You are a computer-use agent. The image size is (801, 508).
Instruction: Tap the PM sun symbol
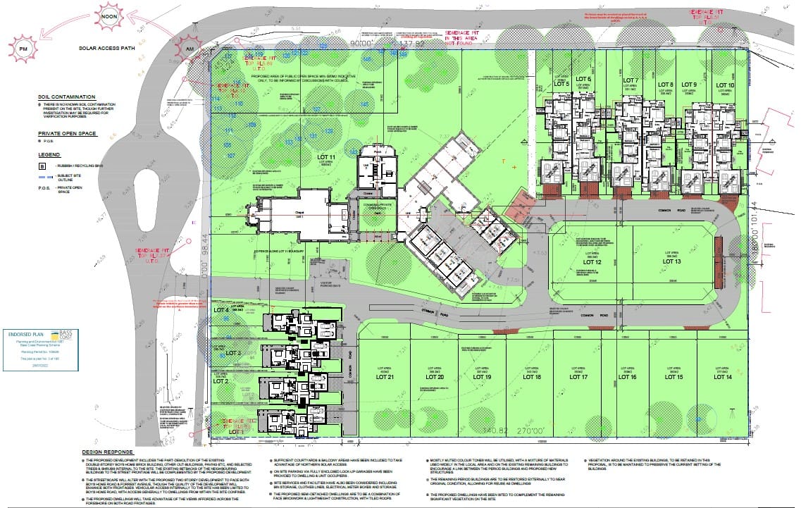[x=22, y=49]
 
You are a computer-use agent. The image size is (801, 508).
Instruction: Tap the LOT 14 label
[x=723, y=378]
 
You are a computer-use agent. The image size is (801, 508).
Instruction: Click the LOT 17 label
[x=578, y=378]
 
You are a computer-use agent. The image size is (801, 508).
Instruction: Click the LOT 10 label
[x=725, y=85]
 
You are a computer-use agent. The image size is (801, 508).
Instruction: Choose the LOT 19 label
[x=482, y=378]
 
